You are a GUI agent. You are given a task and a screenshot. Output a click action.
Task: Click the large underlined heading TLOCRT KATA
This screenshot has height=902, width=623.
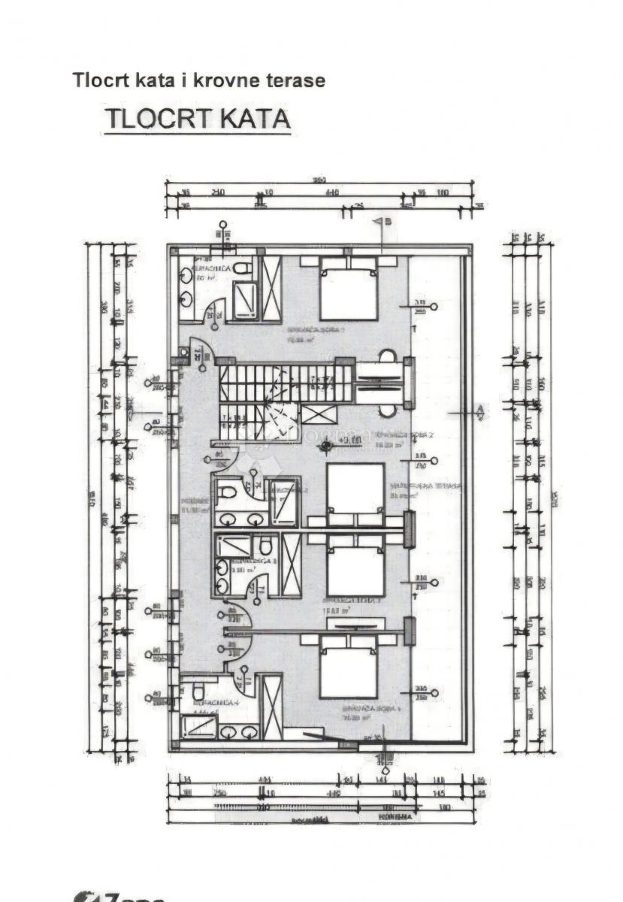click(x=197, y=120)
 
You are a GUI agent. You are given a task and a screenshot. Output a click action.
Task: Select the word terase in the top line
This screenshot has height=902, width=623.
click(x=299, y=80)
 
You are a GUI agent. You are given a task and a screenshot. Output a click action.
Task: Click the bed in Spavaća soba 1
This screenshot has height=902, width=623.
click(x=348, y=289)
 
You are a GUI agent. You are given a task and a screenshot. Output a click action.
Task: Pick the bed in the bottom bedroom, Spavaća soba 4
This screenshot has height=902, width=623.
click(x=348, y=667)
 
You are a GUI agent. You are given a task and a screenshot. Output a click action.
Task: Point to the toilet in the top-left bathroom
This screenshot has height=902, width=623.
click(x=241, y=268)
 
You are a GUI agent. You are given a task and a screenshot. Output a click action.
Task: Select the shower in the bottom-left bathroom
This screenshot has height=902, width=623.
click(x=198, y=727)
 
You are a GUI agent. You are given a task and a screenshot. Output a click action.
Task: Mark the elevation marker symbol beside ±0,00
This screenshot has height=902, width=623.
click(x=325, y=446)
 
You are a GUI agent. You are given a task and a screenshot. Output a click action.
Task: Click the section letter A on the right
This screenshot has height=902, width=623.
click(x=479, y=410)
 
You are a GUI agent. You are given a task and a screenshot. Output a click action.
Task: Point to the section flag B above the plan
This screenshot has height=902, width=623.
click(x=386, y=222)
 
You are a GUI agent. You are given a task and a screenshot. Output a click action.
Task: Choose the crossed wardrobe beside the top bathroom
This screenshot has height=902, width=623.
click(x=271, y=288)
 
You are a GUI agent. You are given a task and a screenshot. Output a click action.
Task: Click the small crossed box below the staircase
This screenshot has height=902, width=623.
click(x=319, y=415)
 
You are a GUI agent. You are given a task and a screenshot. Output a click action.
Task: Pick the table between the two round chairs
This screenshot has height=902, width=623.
click(x=380, y=383)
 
